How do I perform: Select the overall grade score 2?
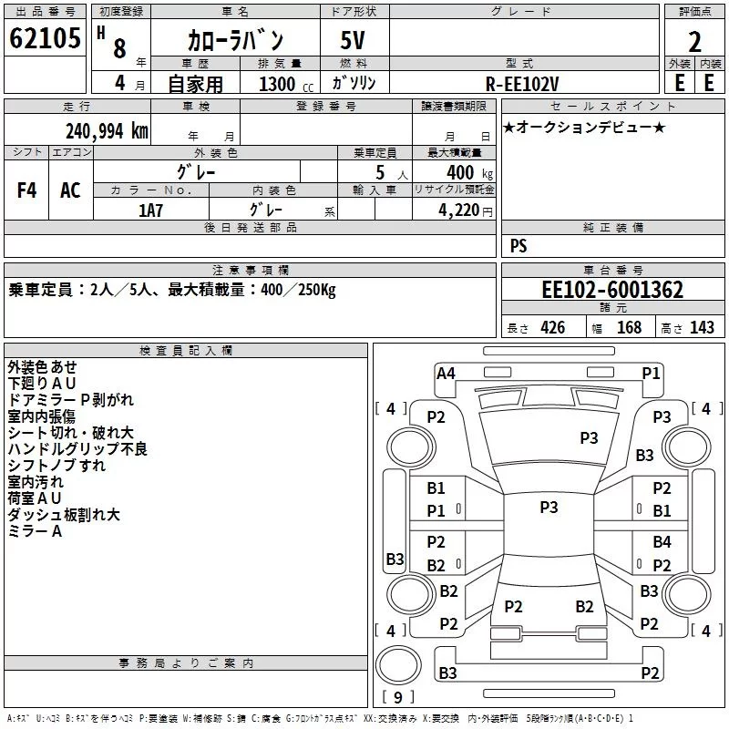pyautogui.click(x=694, y=42)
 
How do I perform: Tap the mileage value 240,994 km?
pyautogui.click(x=107, y=130)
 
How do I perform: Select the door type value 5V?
pyautogui.click(x=354, y=41)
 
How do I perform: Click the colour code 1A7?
pyautogui.click(x=150, y=210)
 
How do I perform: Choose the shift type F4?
pyautogui.click(x=27, y=190)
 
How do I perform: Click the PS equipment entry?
pyautogui.click(x=519, y=245)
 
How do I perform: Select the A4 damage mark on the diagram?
pyautogui.click(x=446, y=373)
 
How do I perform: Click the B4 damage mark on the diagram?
pyautogui.click(x=662, y=542)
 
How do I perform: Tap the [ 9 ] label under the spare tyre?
pyautogui.click(x=398, y=697)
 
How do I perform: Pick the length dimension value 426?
pyautogui.click(x=551, y=328)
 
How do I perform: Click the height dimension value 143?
pyautogui.click(x=702, y=328)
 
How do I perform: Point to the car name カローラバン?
pyautogui.click(x=235, y=41)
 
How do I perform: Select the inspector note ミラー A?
pyautogui.click(x=35, y=531)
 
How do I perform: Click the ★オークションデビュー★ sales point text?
pyautogui.click(x=584, y=127)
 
